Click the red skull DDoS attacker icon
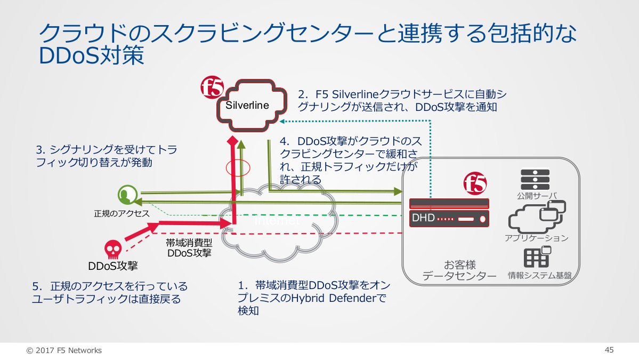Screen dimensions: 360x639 (112, 249)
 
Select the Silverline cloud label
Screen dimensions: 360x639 (247, 105)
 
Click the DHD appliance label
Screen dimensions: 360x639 (424, 218)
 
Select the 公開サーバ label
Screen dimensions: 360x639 (537, 196)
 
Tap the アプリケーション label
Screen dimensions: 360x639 (537, 238)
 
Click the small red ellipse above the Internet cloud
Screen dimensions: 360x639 (238, 168)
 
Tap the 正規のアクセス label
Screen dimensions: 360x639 (122, 213)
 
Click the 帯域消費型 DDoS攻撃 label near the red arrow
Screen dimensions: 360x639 (189, 248)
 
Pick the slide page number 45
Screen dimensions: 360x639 (609, 350)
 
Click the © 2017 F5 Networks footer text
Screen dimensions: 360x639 (64, 350)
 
